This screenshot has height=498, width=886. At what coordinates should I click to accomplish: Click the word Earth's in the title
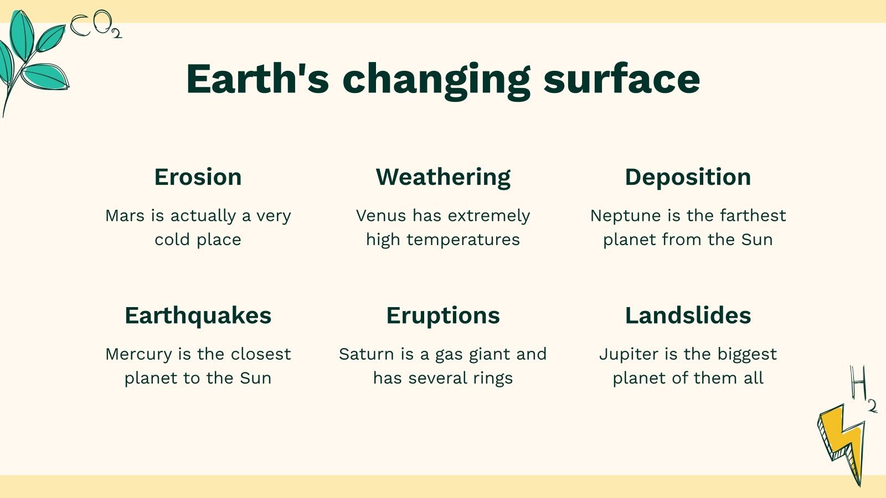coord(257,79)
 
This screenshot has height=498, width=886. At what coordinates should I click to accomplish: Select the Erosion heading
coord(198,177)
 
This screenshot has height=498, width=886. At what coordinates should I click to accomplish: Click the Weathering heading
coord(443,177)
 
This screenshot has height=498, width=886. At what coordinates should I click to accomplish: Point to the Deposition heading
coord(688,177)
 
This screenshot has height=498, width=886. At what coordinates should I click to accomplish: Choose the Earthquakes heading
coord(198,315)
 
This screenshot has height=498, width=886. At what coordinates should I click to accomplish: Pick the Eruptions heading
coord(443,315)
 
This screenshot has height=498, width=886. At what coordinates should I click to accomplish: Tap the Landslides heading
coord(688,315)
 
